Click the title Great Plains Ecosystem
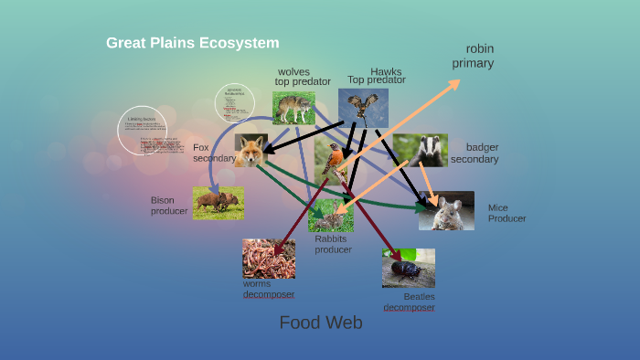[192, 43]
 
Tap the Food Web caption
[321, 323]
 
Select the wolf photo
[293, 108]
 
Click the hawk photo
[363, 107]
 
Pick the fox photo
[251, 151]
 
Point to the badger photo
[420, 150]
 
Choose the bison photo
[218, 202]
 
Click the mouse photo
[447, 210]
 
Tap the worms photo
[268, 258]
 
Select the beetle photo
[408, 268]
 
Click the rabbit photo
[330, 216]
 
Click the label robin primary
[474, 56]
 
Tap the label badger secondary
[475, 153]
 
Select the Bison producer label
[168, 206]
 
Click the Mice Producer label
[507, 213]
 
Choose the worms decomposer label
[268, 289]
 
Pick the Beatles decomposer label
[409, 302]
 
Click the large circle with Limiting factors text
[143, 130]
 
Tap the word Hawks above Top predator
[386, 71]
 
